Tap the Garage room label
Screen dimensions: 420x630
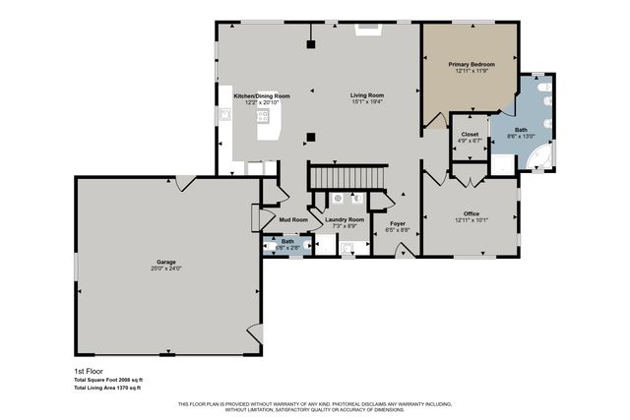[165, 262]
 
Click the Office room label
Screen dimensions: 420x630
[471, 213]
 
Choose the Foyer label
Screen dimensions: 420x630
[397, 223]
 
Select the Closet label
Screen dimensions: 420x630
[470, 134]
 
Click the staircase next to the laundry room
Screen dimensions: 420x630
[345, 178]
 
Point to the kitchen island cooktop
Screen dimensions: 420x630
[263, 115]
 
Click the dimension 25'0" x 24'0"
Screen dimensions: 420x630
[165, 269]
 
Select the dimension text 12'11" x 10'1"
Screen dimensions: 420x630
[471, 220]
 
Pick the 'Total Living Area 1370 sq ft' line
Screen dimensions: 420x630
[108, 388]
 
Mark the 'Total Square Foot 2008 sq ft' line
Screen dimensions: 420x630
[108, 380]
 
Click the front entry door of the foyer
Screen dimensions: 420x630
[398, 254]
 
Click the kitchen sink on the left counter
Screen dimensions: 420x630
[225, 113]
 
